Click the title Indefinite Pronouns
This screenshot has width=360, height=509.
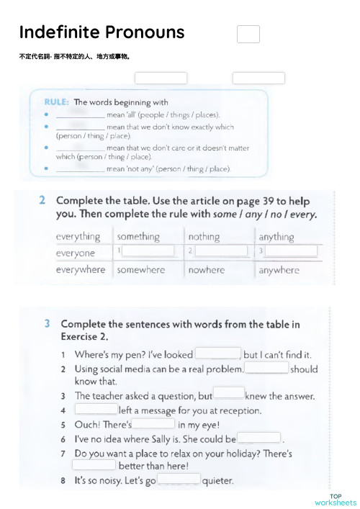102,32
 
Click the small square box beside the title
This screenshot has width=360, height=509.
248,34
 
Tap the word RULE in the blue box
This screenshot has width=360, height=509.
57,102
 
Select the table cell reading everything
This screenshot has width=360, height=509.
78,236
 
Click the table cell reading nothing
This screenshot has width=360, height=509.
204,236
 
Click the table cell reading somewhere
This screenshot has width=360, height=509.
140,270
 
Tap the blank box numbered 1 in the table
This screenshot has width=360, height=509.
148,251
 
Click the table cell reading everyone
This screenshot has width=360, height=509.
76,253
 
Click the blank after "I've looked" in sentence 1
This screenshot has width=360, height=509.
218,353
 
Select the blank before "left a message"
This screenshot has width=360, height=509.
96,410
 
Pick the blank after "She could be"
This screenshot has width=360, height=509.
259,438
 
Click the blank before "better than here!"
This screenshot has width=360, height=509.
95,466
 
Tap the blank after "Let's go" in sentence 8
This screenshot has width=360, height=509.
179,480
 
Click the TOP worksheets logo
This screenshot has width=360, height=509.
336,500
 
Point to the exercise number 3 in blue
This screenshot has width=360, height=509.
46,325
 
